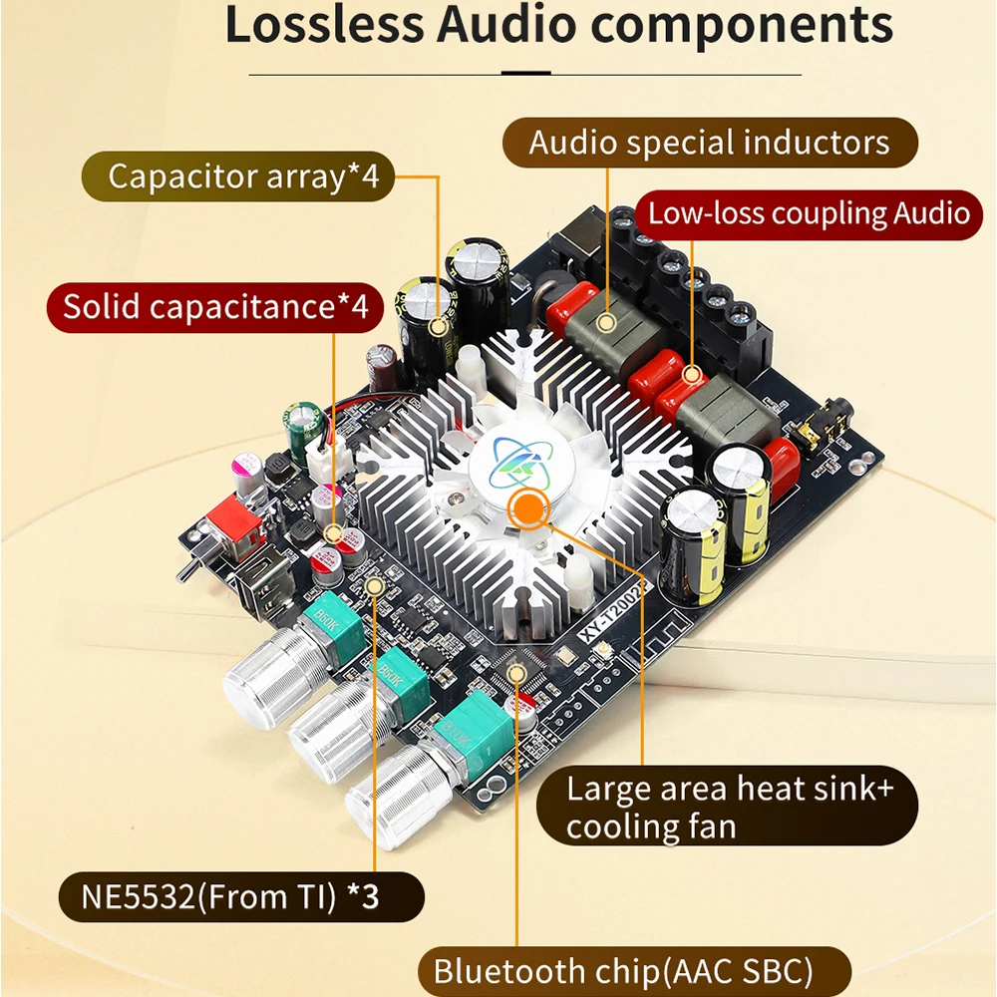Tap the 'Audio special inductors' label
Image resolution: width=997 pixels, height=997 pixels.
pyautogui.click(x=709, y=143)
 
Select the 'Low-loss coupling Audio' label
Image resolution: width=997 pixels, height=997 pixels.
pyautogui.click(x=809, y=212)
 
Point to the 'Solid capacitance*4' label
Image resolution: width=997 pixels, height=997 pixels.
pyautogui.click(x=215, y=306)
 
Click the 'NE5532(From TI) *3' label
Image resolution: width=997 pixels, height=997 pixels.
pyautogui.click(x=232, y=896)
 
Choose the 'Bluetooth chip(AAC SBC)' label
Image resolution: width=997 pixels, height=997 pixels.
pyautogui.click(x=623, y=970)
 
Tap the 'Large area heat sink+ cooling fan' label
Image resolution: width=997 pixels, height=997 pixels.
pyautogui.click(x=729, y=807)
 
